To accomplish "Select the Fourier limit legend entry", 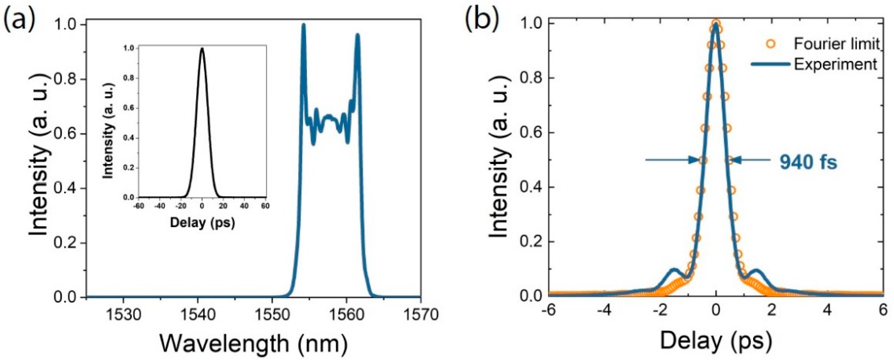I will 836,53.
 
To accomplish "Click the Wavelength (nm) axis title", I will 253,344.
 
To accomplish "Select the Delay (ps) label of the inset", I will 202,222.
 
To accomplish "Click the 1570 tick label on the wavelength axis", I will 421,315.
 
